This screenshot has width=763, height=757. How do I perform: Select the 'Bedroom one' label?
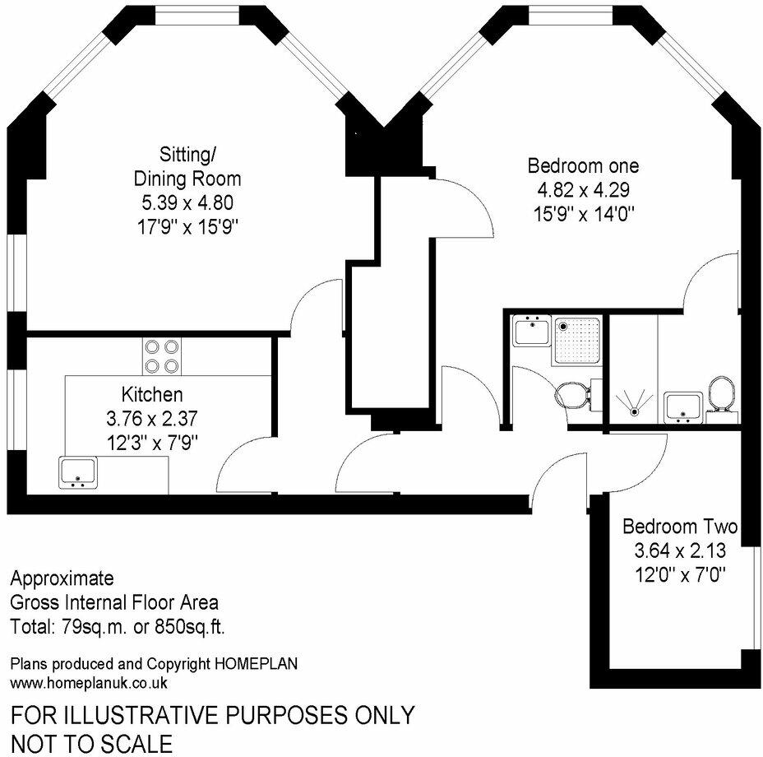point(582,166)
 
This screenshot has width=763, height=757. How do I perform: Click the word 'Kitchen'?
point(152,394)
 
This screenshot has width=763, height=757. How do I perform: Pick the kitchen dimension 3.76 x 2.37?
point(152,416)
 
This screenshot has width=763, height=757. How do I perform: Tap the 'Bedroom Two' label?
point(679,527)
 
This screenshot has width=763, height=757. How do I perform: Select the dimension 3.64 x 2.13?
point(679,549)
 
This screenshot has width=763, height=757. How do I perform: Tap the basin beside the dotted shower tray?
point(530,332)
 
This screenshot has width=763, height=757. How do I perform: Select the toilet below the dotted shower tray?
point(573,394)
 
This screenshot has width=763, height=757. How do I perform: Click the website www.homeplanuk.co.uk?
point(89,682)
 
